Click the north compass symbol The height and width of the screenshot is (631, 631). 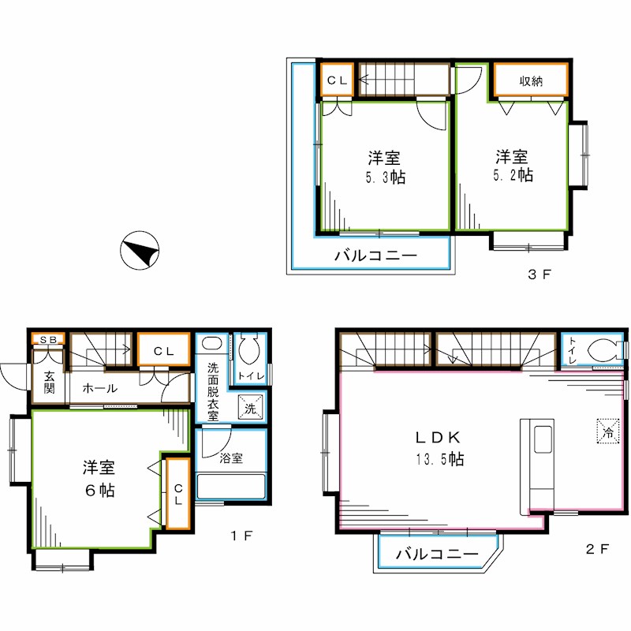click(140, 252)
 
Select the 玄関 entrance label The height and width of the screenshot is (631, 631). click(49, 382)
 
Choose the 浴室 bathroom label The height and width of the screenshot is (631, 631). click(231, 457)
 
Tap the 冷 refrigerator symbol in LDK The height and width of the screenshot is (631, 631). click(608, 431)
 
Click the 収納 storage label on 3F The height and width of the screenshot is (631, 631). click(531, 80)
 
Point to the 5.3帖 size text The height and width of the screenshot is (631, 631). click(385, 177)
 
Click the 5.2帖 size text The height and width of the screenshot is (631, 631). click(513, 175)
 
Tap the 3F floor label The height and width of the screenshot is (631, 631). click(539, 275)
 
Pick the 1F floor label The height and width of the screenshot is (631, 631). click(241, 537)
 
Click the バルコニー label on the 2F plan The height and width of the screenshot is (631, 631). click(437, 554)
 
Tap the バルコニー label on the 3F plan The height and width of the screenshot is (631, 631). click(375, 256)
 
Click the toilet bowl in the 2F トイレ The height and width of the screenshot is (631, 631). click(603, 349)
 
